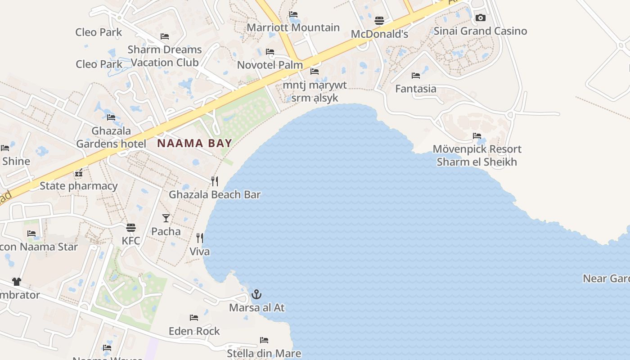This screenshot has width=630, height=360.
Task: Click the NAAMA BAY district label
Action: pos(194,144)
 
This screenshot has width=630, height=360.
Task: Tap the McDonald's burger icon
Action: pos(379,21)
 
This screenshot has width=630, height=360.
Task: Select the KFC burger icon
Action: pos(131,228)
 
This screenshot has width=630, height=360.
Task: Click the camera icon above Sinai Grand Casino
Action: pos(480,18)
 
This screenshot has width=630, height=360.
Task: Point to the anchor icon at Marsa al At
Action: pos(256,295)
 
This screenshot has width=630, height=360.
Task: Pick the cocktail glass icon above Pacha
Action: pos(166,218)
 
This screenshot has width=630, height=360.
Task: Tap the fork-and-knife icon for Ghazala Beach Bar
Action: pos(215,181)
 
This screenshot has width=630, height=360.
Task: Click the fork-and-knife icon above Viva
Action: pos(199,238)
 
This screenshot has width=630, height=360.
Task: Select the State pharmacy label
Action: pos(78,186)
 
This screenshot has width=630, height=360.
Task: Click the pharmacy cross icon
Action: pos(79,173)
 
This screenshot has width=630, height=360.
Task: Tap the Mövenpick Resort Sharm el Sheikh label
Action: pos(477,155)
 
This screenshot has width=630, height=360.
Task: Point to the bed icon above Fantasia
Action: pos(415,76)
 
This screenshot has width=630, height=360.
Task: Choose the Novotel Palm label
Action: pos(270,65)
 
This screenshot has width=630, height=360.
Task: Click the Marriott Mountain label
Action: pos(293,27)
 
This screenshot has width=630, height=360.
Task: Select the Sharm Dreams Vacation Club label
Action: pos(165,56)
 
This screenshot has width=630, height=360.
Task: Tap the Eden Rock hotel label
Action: pos(194,331)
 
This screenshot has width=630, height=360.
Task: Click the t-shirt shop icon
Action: pos(17,282)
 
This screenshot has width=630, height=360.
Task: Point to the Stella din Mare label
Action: pos(264,353)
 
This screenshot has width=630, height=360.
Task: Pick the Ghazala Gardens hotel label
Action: pos(111,137)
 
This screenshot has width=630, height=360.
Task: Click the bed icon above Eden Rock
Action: pos(194,318)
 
